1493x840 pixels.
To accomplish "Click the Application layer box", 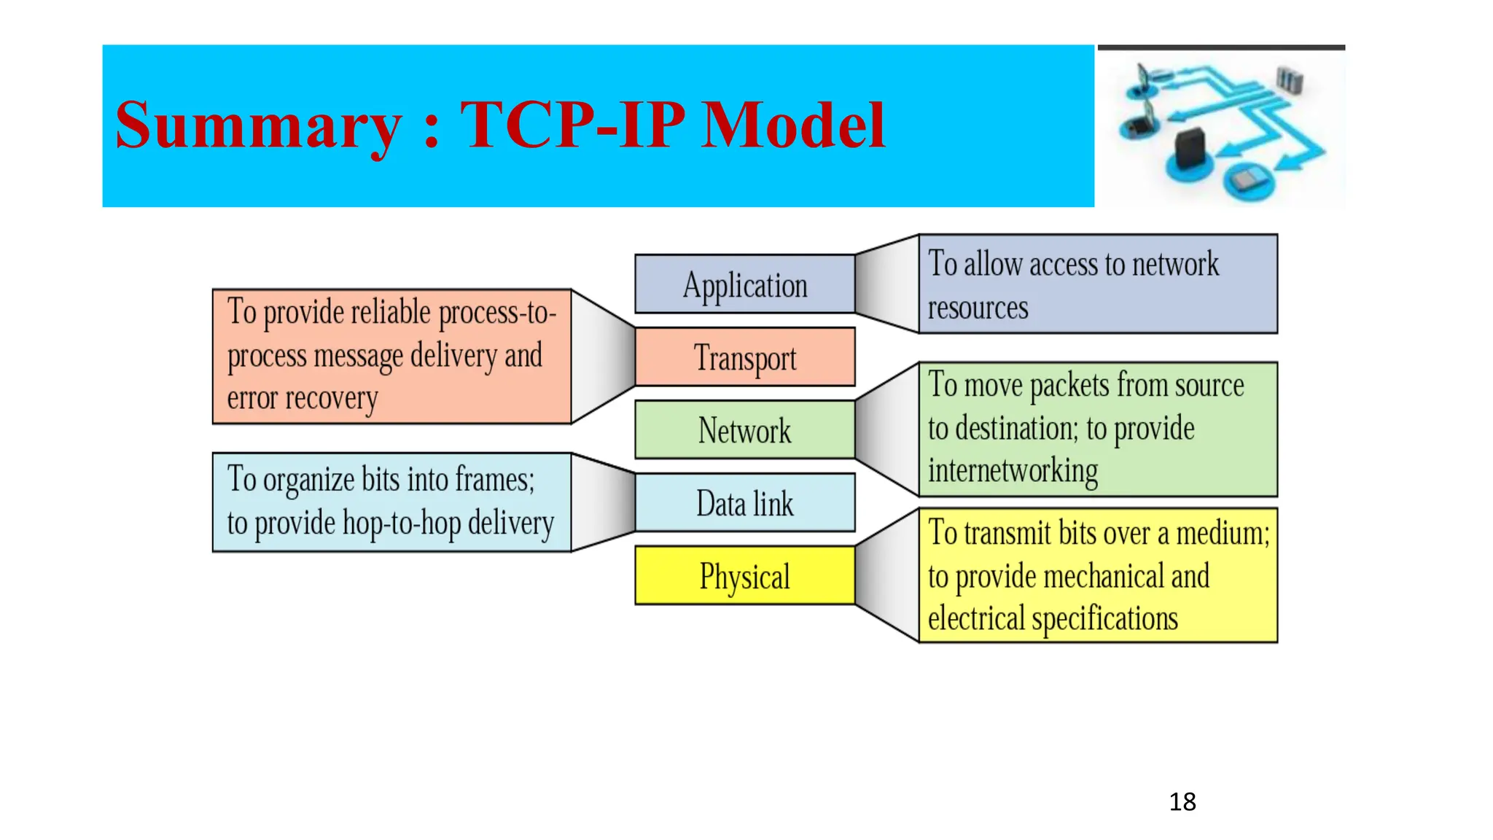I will tap(744, 284).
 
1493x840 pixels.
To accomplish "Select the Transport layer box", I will tap(744, 357).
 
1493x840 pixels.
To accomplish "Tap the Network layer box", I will tap(744, 430).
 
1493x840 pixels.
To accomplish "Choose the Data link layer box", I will tap(744, 503).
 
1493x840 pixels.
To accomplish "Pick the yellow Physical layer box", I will tap(744, 576).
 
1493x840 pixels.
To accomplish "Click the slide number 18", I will tap(1182, 802).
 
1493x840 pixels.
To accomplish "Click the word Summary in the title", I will tap(259, 125).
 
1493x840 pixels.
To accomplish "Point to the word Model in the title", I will tap(793, 125).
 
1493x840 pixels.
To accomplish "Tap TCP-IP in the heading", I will tap(572, 125).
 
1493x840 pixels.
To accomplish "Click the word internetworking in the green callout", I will tap(1013, 471).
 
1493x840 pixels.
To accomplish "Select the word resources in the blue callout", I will tap(978, 308).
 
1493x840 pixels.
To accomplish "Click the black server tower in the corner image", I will tap(1190, 148).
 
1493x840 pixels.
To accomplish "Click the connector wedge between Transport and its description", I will tap(603, 356).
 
